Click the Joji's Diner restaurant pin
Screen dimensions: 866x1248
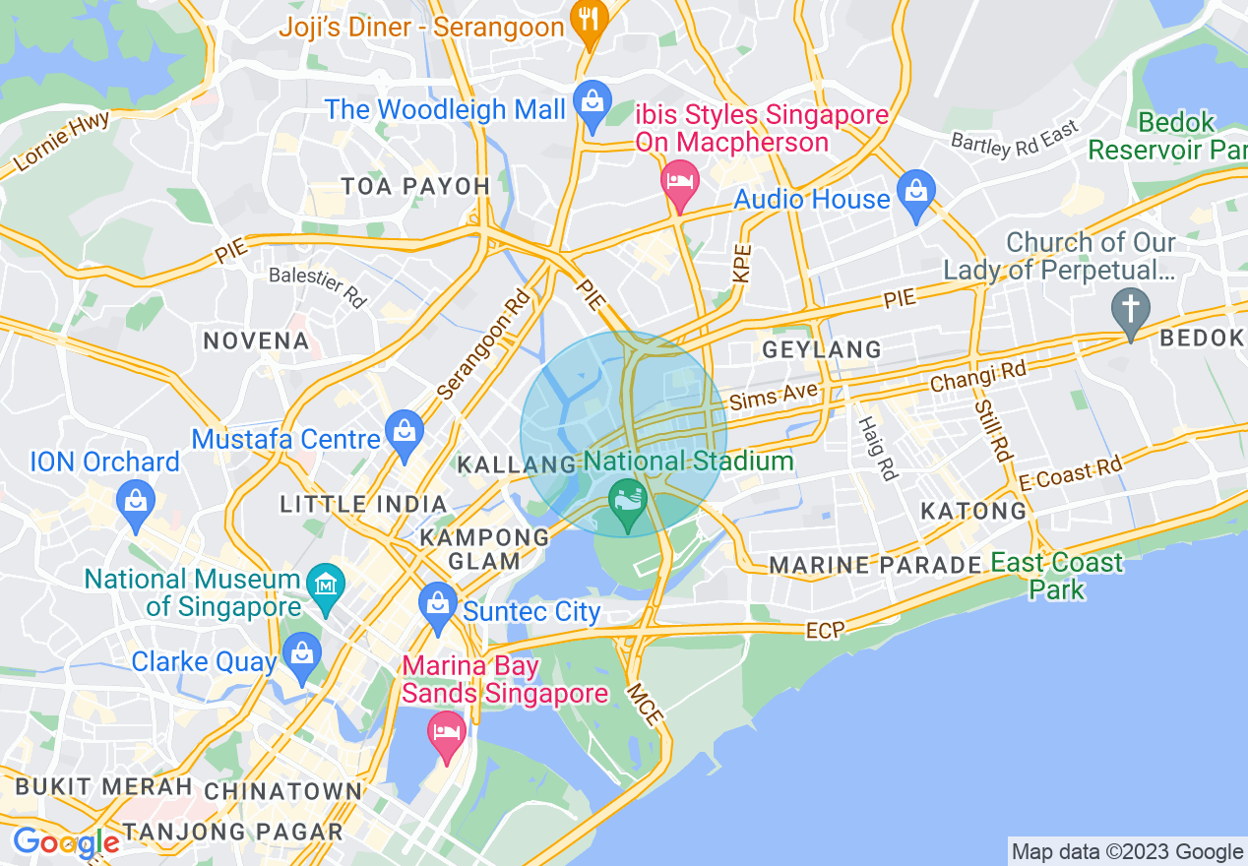coord(589,28)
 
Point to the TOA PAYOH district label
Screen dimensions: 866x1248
coord(414,186)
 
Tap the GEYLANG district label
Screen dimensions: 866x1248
coord(822,349)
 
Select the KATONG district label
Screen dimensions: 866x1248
coord(972,511)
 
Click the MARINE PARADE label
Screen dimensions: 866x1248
coord(875,565)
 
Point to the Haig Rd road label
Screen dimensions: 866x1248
coord(878,448)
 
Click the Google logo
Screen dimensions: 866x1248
coord(65,842)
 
